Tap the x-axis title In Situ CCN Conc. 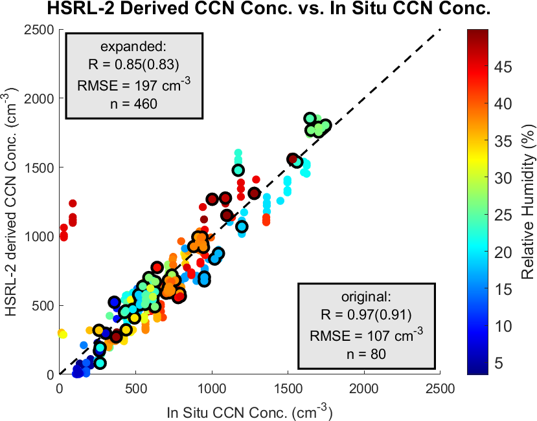[x=250, y=411]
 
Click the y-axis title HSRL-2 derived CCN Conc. [x=12, y=201]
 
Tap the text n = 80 [x=366, y=353]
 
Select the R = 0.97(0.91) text [x=366, y=315]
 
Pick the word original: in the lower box [x=366, y=297]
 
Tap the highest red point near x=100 [x=73, y=204]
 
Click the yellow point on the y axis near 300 [x=62, y=333]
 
